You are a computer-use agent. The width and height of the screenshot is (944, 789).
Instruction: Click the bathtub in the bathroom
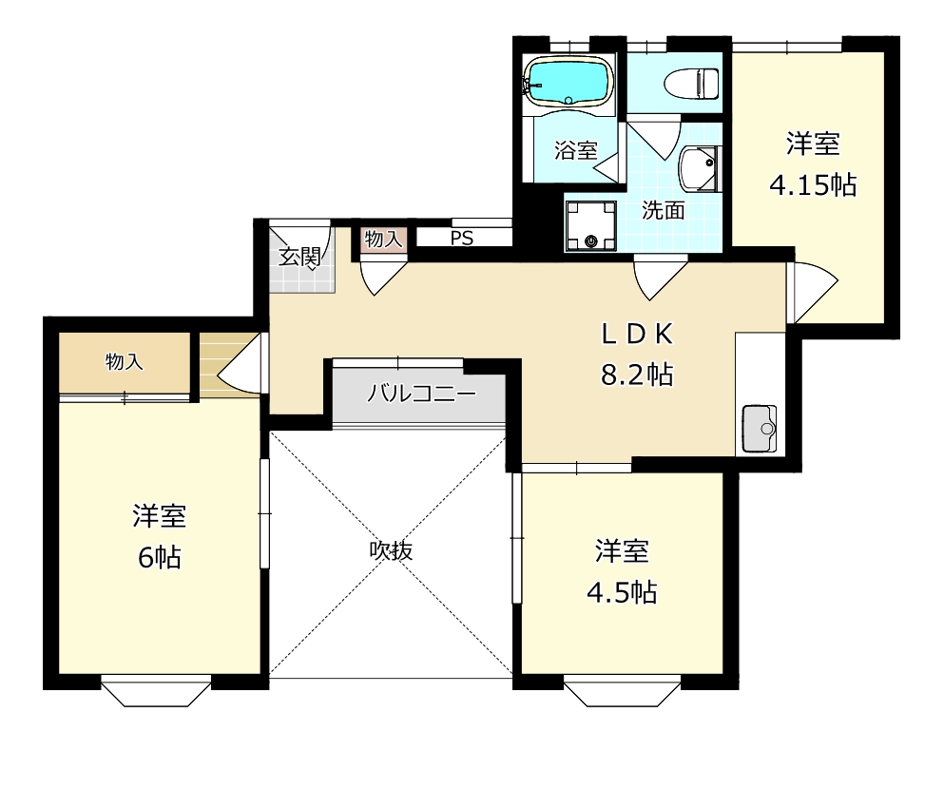pyautogui.click(x=568, y=82)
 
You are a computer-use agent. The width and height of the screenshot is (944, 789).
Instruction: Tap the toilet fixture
pyautogui.click(x=691, y=82)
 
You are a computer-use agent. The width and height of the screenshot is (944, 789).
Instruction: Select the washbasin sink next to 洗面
pyautogui.click(x=701, y=169)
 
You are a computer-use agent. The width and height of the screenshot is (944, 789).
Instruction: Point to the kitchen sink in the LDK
pyautogui.click(x=759, y=428)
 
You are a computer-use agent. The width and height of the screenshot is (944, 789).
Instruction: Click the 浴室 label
pyautogui.click(x=576, y=150)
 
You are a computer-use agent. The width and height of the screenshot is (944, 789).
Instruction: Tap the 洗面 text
pyautogui.click(x=663, y=211)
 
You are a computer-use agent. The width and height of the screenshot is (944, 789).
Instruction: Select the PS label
pyautogui.click(x=462, y=239)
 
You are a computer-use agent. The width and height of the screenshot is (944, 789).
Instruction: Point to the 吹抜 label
pyautogui.click(x=392, y=550)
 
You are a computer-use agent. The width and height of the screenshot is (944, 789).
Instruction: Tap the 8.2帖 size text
pyautogui.click(x=636, y=375)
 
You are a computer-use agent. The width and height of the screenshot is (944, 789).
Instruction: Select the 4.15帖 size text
pyautogui.click(x=812, y=184)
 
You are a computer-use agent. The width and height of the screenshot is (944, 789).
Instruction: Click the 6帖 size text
pyautogui.click(x=159, y=557)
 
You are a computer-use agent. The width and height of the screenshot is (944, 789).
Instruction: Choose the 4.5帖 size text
pyautogui.click(x=621, y=592)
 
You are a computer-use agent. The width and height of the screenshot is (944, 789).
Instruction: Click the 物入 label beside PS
pyautogui.click(x=384, y=240)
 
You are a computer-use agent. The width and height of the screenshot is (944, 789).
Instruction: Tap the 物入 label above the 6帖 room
pyautogui.click(x=125, y=362)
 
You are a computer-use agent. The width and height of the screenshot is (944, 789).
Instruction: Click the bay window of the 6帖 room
pyautogui.click(x=156, y=691)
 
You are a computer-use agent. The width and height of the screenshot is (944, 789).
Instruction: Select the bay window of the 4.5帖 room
pyautogui.click(x=623, y=691)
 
